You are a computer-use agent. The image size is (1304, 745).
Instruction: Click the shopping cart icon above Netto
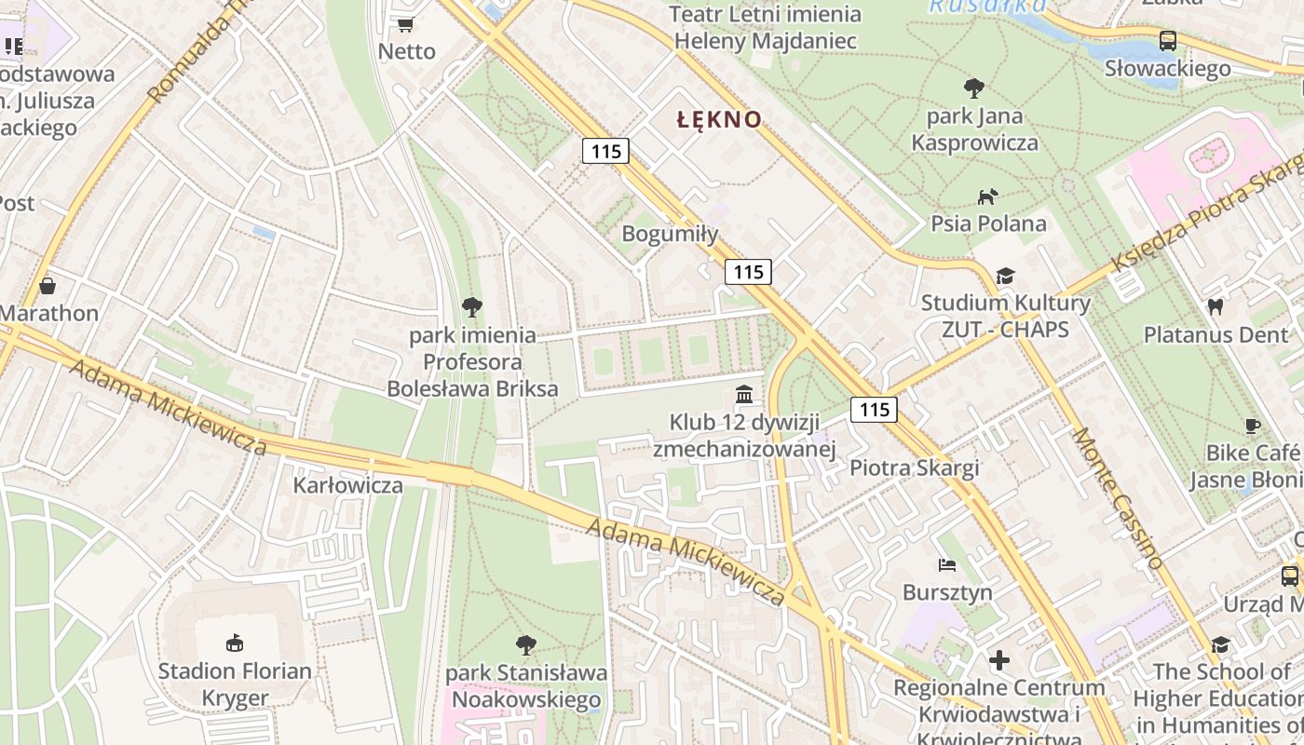(x=405, y=25)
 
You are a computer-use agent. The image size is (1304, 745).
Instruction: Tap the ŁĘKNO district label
(x=719, y=119)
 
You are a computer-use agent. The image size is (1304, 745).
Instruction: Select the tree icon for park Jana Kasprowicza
(x=974, y=88)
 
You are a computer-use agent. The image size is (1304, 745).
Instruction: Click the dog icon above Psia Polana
(x=987, y=196)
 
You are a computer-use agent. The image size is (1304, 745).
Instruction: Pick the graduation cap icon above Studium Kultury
(x=1005, y=276)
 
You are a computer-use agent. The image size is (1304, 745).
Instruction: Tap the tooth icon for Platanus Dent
(x=1215, y=306)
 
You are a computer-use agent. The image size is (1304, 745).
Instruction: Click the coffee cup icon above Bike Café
(x=1253, y=426)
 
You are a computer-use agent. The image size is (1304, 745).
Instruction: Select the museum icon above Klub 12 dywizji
(x=743, y=395)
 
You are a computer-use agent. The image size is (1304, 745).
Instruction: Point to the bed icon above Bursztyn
(x=947, y=564)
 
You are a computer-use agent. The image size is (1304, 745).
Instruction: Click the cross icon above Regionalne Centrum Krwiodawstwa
(x=999, y=660)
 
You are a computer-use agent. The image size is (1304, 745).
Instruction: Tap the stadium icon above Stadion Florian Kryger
(x=235, y=643)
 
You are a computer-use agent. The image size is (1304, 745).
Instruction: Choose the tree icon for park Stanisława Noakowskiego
(x=526, y=644)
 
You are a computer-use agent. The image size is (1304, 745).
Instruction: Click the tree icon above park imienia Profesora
(x=472, y=306)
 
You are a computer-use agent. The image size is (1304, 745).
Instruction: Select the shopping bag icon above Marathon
(x=47, y=285)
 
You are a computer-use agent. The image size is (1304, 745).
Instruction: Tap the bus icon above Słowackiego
(x=1167, y=40)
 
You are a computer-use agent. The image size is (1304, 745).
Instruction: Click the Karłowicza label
(x=348, y=485)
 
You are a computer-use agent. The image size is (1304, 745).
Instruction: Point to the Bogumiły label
(x=670, y=234)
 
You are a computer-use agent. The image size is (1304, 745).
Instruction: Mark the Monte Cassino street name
(x=1117, y=498)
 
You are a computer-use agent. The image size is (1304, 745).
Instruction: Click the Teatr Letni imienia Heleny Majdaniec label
(x=765, y=28)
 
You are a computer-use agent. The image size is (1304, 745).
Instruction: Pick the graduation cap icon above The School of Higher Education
(x=1220, y=644)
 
